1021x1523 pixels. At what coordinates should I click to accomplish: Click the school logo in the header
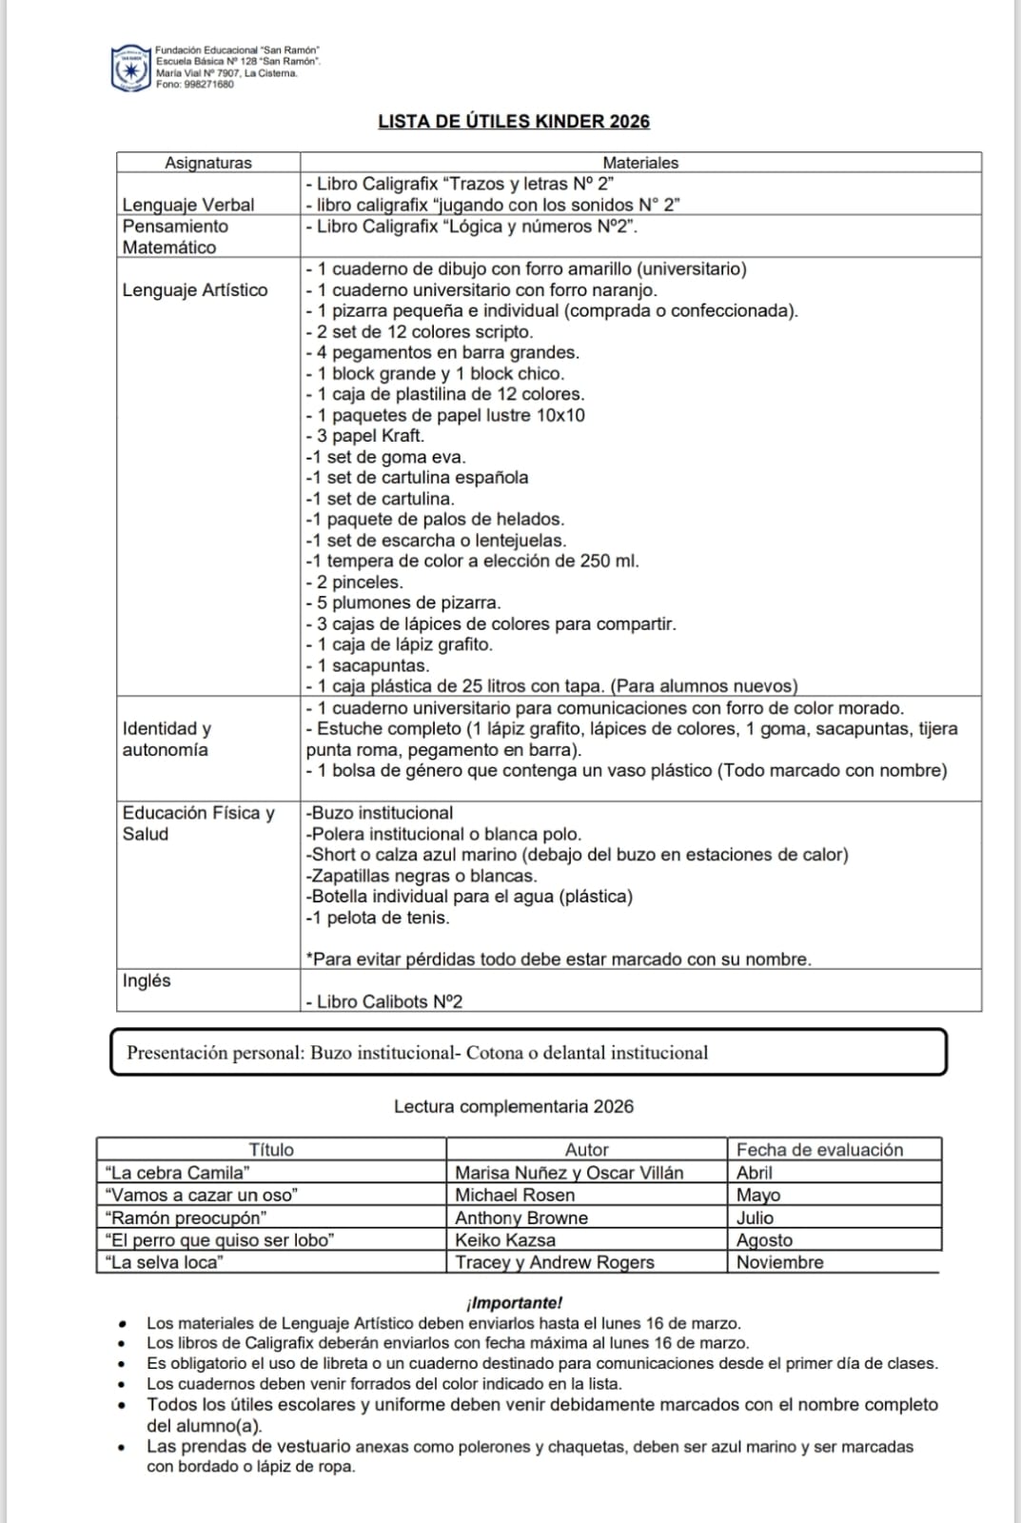coord(131,69)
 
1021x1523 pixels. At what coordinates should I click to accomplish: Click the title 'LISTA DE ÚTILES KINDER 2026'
coord(514,122)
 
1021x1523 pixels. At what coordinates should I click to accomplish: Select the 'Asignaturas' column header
coord(208,163)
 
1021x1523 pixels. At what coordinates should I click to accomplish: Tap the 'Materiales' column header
coord(640,163)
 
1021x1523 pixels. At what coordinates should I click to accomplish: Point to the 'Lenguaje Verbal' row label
coord(188,205)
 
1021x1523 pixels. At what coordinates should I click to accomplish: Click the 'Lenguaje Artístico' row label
coord(195,290)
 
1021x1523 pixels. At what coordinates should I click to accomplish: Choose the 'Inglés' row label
coord(147,980)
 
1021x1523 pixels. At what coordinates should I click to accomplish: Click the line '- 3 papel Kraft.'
coord(365,436)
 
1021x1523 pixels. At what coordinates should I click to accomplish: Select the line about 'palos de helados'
coord(435,520)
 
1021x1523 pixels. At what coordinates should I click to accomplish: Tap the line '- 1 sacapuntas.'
coord(367,665)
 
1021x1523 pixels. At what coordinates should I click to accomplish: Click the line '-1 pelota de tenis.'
coord(378,918)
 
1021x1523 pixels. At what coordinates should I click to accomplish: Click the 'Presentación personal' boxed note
coord(528,1053)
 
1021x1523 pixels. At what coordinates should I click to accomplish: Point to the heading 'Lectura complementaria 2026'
coord(514,1107)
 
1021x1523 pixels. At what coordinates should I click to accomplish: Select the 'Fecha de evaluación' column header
coord(819,1150)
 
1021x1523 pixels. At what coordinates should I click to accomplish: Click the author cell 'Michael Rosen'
coord(515,1195)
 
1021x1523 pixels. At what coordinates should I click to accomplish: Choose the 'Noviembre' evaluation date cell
coord(780,1262)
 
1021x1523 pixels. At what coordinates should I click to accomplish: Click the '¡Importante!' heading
coord(514,1303)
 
